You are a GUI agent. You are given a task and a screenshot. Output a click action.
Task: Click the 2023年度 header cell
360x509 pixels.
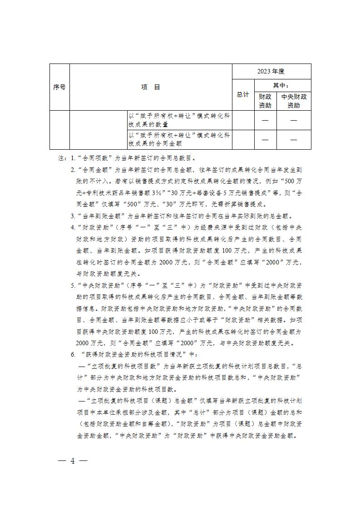(271, 71)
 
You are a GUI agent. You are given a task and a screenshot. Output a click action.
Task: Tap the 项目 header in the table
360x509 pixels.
(150, 87)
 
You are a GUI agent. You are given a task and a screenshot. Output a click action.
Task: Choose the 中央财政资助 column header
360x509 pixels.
(294, 101)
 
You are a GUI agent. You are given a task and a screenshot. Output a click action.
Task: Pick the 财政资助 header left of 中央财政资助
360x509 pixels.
(265, 101)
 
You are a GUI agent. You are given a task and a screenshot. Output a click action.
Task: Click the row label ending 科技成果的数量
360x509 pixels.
(179, 120)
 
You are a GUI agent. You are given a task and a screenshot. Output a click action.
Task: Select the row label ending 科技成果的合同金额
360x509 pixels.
(179, 139)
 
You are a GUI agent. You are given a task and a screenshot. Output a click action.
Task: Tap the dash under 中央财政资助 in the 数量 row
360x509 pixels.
(294, 120)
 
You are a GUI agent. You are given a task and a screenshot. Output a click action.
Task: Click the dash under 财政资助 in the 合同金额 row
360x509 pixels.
(265, 140)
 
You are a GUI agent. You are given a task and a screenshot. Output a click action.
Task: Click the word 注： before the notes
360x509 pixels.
(62, 159)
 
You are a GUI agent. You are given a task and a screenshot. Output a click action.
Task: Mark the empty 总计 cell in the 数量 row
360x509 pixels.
(243, 120)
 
